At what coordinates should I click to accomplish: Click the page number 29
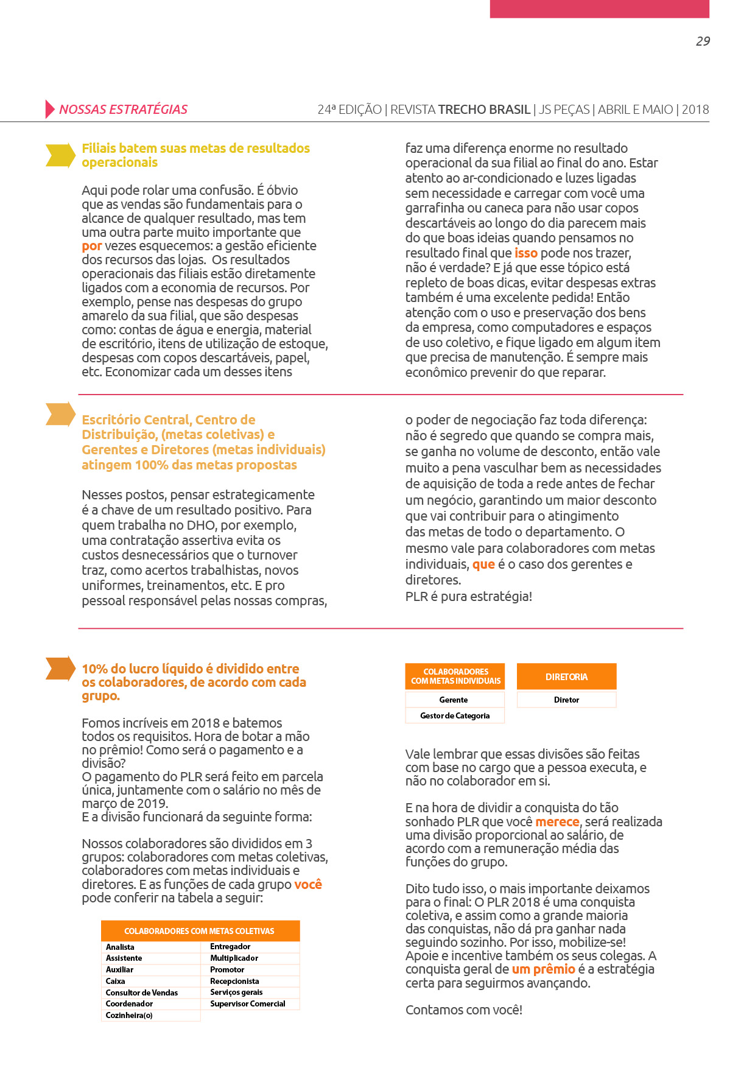click(x=703, y=41)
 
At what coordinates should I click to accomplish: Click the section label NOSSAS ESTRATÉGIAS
click(x=123, y=110)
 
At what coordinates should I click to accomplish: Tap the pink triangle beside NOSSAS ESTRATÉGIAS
click(x=49, y=109)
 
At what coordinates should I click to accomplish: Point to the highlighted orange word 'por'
click(x=91, y=246)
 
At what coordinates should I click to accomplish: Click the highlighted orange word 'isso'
click(x=525, y=253)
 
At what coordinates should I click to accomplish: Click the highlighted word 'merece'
click(x=557, y=821)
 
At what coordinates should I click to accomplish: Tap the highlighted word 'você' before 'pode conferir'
click(x=308, y=884)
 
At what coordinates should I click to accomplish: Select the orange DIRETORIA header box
click(x=566, y=676)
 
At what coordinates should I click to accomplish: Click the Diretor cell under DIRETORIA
click(x=566, y=700)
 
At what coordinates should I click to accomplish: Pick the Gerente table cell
click(x=454, y=700)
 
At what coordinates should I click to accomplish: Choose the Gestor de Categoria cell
click(x=454, y=715)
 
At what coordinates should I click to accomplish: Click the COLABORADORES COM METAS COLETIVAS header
click(x=200, y=931)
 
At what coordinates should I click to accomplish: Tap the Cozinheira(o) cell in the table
click(x=129, y=1015)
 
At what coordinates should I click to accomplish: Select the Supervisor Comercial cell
click(x=248, y=1003)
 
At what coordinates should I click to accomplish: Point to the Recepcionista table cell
click(x=234, y=981)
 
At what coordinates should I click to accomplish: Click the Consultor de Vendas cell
click(x=142, y=992)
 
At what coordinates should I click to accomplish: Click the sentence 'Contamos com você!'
click(x=464, y=1010)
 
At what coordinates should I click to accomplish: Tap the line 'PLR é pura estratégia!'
click(x=468, y=596)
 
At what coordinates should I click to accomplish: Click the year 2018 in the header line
click(x=695, y=110)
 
